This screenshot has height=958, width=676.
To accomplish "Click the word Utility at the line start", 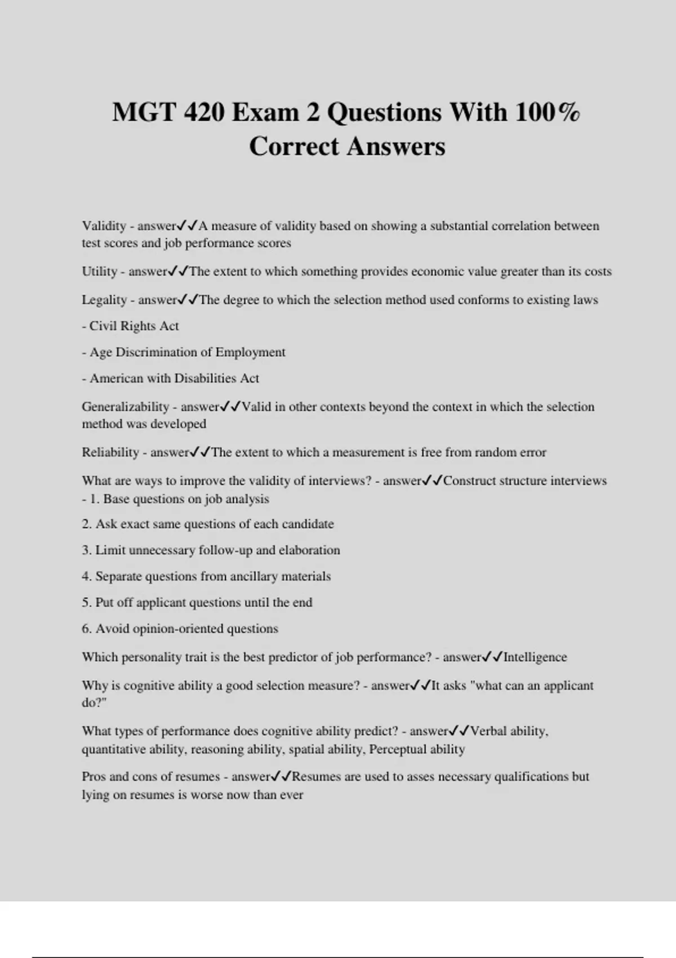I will [x=99, y=272].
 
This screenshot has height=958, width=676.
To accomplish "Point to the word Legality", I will [x=104, y=300].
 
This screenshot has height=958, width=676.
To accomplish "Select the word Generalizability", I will [x=125, y=407].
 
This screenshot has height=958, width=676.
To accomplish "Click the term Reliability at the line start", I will [x=110, y=453].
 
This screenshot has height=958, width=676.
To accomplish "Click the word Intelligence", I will [x=535, y=657].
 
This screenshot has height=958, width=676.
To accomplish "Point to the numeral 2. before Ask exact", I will [x=87, y=524].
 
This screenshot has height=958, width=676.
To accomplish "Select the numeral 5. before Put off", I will [x=87, y=602].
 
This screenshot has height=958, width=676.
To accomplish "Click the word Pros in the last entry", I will [x=94, y=777].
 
